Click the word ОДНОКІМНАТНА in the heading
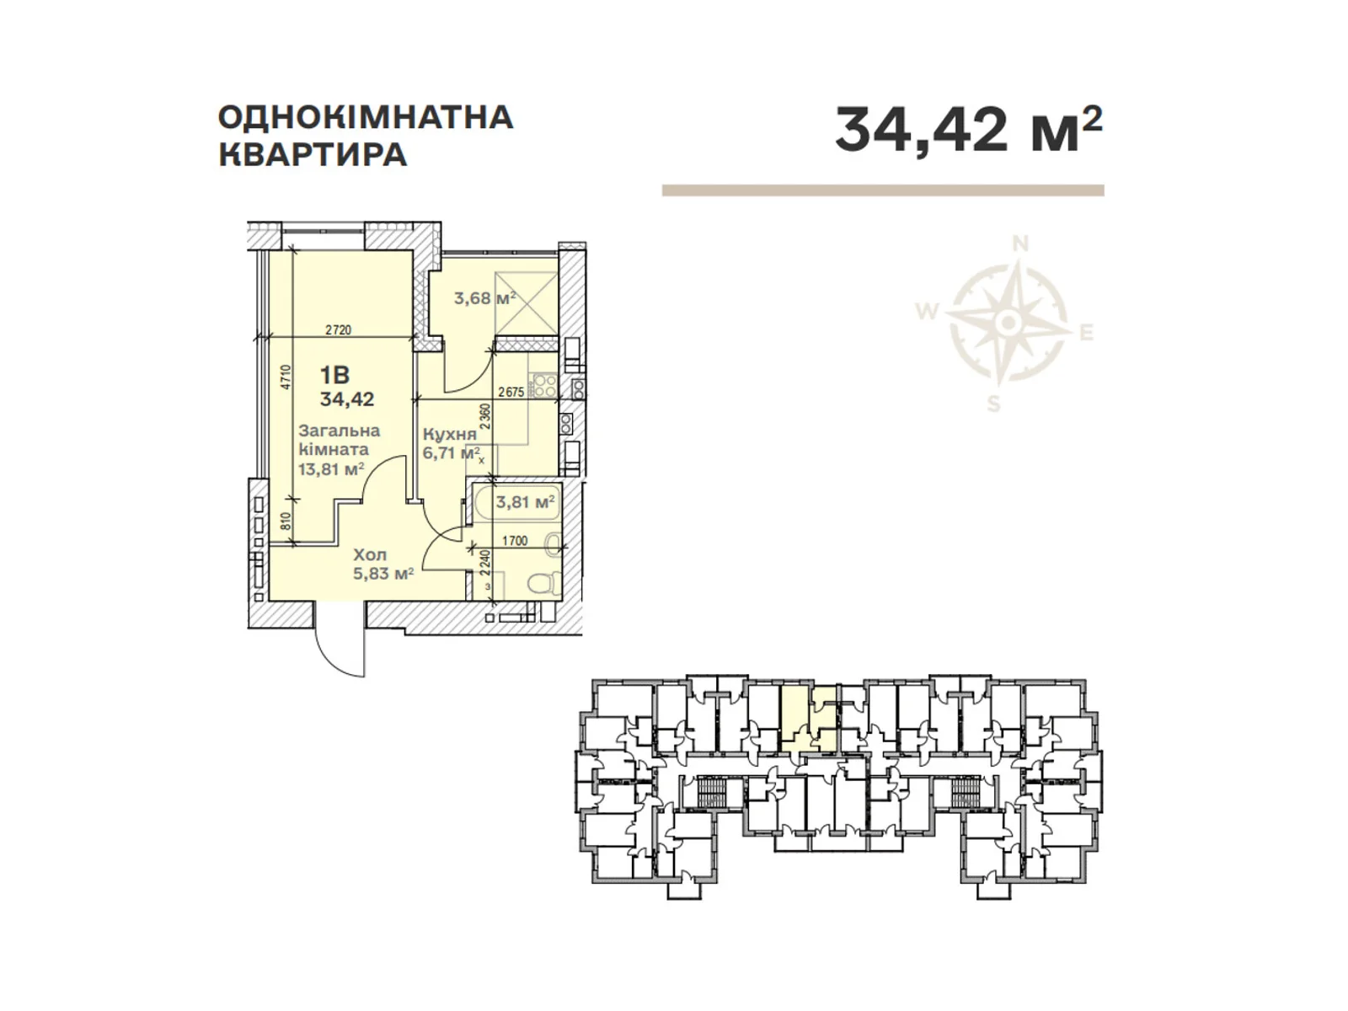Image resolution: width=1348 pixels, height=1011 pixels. pos(366,117)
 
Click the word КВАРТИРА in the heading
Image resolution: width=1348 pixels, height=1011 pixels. pos(313,155)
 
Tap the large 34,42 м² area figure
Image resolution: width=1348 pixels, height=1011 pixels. pos(968,129)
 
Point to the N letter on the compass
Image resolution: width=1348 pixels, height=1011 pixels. pos(1020,244)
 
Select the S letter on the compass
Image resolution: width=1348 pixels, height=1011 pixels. pos(994,404)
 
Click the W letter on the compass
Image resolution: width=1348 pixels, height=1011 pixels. pos(927,313)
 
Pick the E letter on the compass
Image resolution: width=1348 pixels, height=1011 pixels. pos(1087,334)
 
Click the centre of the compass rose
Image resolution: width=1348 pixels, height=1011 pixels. pos(1008,322)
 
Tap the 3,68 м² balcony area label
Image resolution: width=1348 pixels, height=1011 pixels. pos(484,297)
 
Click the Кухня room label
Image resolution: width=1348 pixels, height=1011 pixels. pos(450,434)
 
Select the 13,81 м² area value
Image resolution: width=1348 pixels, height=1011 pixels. pos(331,469)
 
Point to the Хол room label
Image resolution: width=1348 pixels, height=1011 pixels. pos(370,555)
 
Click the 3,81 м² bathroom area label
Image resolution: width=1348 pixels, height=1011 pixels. pos(525,502)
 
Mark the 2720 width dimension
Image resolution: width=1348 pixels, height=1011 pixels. pos(338,330)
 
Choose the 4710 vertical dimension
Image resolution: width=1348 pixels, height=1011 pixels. pos(286,377)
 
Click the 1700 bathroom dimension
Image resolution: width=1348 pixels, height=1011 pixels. pos(514,541)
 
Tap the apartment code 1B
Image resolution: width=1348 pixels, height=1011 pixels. pos(334,376)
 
